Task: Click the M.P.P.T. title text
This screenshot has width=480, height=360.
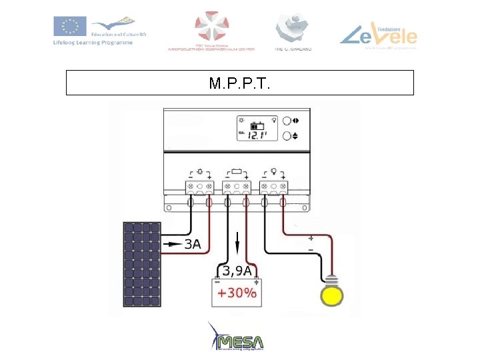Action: (239, 83)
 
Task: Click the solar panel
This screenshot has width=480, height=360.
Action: (142, 265)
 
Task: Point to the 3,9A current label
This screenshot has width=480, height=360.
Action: (237, 271)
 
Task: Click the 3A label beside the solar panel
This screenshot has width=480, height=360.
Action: (192, 245)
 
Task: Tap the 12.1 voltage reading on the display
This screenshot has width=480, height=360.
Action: (257, 135)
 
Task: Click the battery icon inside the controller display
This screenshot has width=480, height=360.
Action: (257, 125)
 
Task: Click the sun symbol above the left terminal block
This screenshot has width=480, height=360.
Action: (200, 171)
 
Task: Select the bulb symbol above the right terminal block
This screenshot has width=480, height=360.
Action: (273, 171)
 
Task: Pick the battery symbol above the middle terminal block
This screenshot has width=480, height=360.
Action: (237, 171)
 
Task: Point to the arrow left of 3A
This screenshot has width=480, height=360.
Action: (173, 245)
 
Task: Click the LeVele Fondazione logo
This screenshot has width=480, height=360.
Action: (378, 33)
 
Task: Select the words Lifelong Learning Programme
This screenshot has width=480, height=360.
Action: (93, 43)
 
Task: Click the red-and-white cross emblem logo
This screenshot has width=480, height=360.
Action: (212, 26)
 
